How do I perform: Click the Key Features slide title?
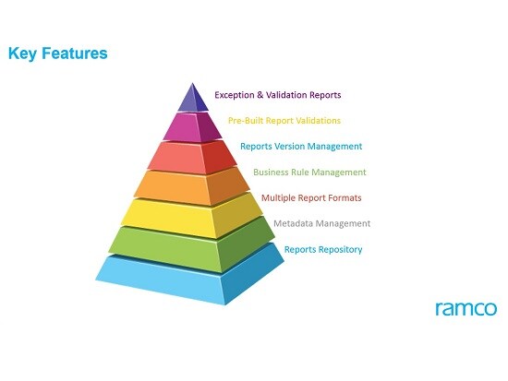pos(57,54)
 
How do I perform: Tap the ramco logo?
pos(466,308)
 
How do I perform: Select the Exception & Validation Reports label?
pos(278,95)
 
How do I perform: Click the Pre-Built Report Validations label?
pos(284,121)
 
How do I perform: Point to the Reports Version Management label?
pos(301,147)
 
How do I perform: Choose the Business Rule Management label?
pos(309,173)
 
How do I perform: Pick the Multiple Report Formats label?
pos(311,197)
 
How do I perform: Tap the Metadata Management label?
pos(321,223)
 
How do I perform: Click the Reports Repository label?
pos(323,250)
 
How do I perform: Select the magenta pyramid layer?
pos(192,128)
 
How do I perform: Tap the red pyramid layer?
pos(192,158)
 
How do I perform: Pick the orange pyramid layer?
pos(192,188)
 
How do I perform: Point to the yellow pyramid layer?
pos(192,216)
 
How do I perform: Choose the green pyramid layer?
pos(192,246)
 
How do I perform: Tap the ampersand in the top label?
pos(260,95)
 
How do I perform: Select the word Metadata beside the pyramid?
pos(293,223)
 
